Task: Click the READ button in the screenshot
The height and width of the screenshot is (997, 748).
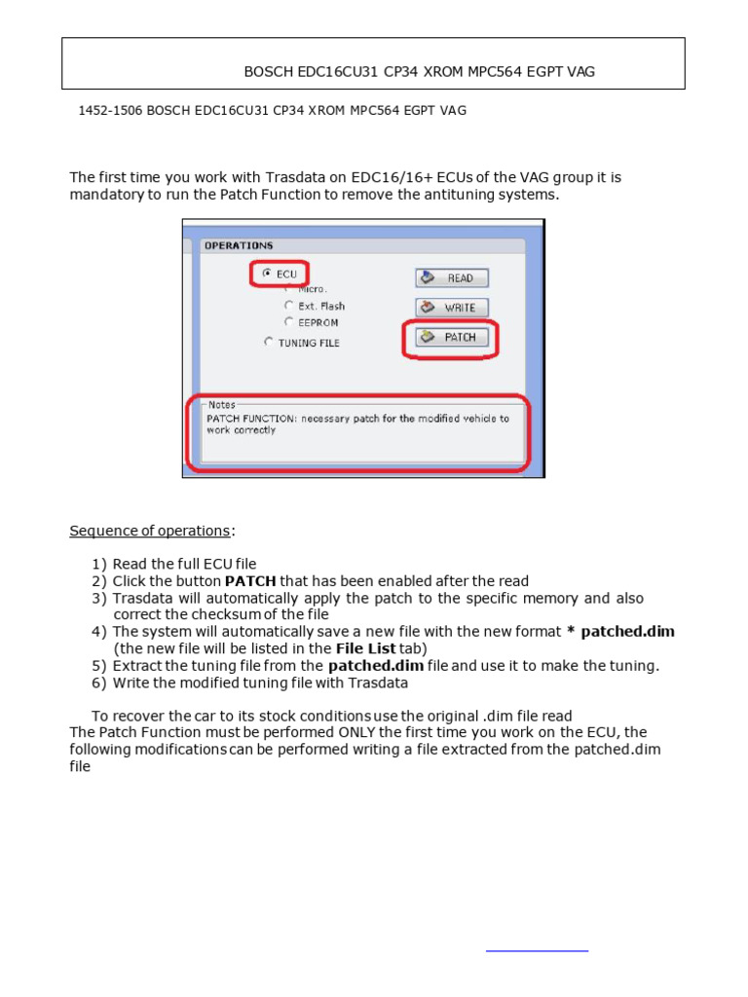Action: pos(451,278)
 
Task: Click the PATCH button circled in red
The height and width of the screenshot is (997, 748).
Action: pos(451,338)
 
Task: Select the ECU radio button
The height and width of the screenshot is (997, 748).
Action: pos(267,275)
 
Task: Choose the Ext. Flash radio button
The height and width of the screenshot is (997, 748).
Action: pos(288,306)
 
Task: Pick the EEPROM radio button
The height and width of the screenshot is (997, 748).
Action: pos(288,322)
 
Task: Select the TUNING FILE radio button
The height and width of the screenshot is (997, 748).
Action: pos(269,343)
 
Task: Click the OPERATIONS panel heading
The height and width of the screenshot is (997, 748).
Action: pos(239,246)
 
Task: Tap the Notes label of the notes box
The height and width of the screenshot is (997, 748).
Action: pos(221,404)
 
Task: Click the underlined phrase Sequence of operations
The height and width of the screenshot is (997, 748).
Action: pos(150,531)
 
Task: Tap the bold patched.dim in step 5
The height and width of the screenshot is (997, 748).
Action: pos(376,666)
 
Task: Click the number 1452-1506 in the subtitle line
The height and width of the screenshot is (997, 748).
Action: pos(110,111)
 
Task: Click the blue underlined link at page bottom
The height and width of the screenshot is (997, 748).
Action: pos(537,948)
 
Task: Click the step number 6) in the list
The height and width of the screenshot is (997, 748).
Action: pos(99,683)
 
